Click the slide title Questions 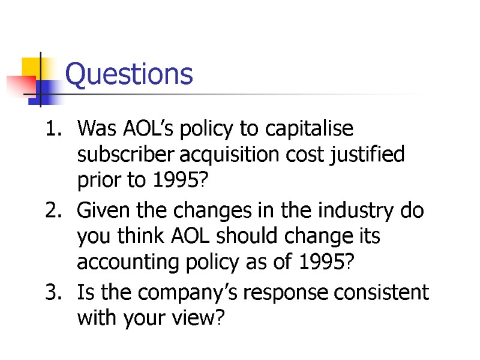tap(129, 75)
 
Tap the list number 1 tap(52, 129)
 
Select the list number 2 tap(52, 211)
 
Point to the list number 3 tap(52, 293)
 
